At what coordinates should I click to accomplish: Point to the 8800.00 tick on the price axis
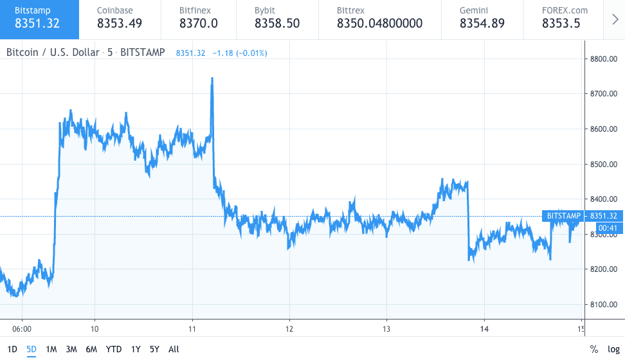tap(603, 59)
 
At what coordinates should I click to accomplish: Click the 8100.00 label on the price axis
tap(603, 304)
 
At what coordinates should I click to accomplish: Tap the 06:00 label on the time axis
tap(22, 326)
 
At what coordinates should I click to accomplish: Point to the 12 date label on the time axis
tap(290, 326)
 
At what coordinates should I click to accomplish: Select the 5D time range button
tap(31, 349)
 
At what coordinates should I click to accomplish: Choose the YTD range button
tap(113, 349)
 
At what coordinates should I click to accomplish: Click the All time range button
tap(174, 349)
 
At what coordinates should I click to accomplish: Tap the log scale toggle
tap(613, 349)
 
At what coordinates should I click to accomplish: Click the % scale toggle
tap(594, 349)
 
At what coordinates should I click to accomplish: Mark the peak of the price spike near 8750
tap(212, 79)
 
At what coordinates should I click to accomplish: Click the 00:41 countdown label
tap(608, 228)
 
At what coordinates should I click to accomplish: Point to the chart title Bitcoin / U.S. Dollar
tap(53, 52)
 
